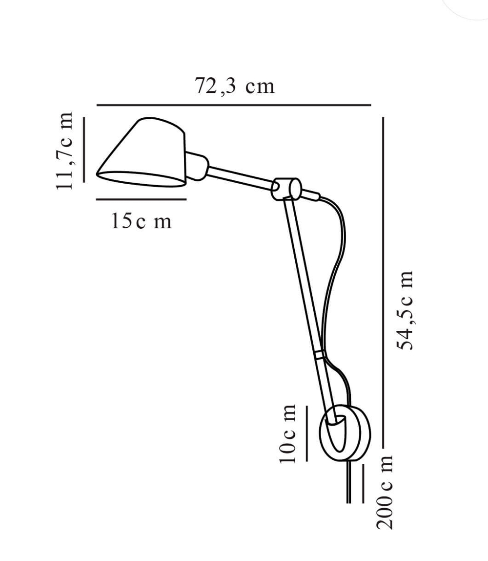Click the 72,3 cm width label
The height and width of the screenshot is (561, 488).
click(x=235, y=86)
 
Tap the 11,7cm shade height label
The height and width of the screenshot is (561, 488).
click(x=65, y=151)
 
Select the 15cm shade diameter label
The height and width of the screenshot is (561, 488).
click(x=142, y=221)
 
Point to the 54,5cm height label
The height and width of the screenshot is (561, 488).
click(x=405, y=310)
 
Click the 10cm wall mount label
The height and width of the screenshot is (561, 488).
click(x=287, y=433)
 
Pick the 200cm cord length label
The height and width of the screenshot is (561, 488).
click(x=385, y=492)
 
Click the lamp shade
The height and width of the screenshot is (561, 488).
click(x=142, y=152)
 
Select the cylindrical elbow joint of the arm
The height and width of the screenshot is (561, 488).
click(x=286, y=189)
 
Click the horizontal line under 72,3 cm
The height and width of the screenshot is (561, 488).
click(x=234, y=105)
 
